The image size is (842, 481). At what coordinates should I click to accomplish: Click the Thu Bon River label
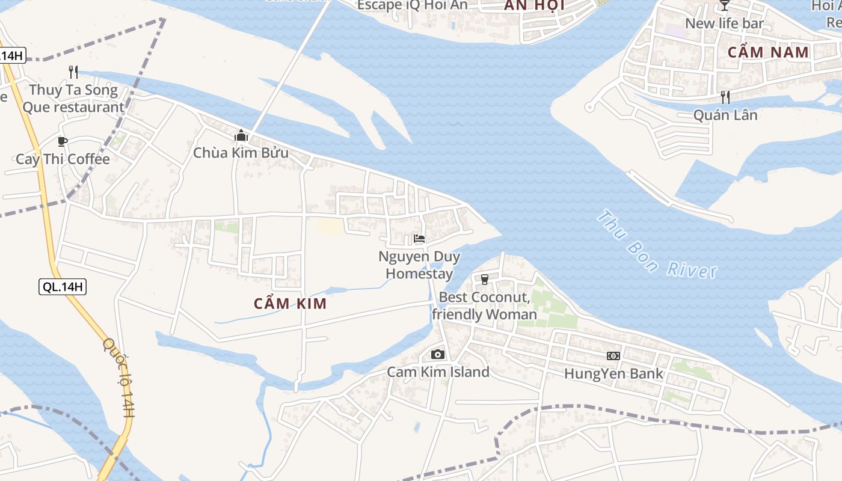(x=657, y=244)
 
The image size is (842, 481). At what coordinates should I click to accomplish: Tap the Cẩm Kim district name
(x=290, y=304)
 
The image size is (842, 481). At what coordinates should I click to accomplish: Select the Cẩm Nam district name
(x=768, y=52)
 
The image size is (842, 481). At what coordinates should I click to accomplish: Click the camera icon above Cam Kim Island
(x=438, y=354)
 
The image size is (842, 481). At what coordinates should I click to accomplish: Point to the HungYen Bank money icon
(x=613, y=356)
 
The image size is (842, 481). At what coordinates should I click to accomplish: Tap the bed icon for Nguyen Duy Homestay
(x=419, y=239)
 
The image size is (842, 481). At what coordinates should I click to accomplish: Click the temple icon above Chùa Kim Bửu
(x=241, y=135)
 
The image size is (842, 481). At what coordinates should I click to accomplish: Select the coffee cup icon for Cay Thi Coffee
(x=62, y=141)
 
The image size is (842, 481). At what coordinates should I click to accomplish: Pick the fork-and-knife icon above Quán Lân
(x=725, y=97)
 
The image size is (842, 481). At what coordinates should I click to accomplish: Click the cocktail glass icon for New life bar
(x=724, y=5)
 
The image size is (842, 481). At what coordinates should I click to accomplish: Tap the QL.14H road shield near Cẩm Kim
(x=63, y=287)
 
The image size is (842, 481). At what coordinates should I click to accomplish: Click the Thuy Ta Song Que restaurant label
(x=73, y=99)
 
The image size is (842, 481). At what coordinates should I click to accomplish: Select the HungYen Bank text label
(x=613, y=373)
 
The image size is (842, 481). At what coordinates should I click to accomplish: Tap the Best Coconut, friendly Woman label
(x=484, y=305)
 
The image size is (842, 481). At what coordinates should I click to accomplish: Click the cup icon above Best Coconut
(x=485, y=280)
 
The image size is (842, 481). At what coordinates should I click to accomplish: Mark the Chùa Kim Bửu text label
(x=241, y=153)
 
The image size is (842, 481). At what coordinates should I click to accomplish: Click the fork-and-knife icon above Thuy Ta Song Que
(x=73, y=72)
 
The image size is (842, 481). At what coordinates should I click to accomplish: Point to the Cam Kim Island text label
(x=438, y=372)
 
